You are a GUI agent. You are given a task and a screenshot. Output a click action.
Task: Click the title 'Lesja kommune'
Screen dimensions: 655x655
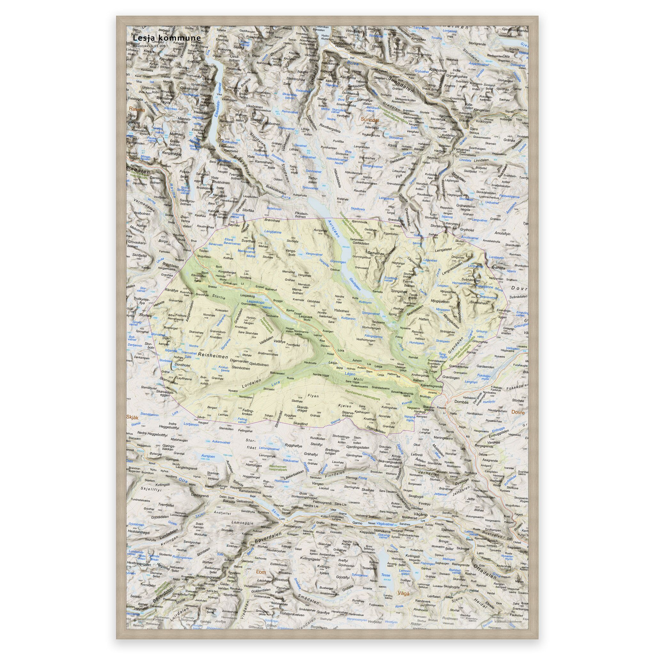(x=166, y=38)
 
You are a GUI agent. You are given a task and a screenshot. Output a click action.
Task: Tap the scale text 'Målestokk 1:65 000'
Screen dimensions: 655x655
(x=149, y=46)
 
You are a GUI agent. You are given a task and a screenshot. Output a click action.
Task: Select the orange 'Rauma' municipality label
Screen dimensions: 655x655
(x=137, y=110)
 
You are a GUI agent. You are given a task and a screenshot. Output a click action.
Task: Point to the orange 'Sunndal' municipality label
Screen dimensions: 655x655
(x=369, y=119)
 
